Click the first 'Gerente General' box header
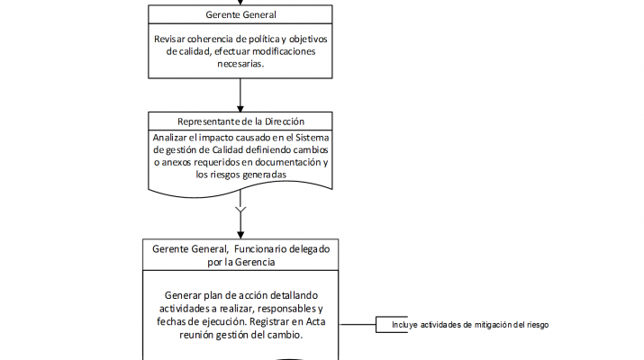point(240,14)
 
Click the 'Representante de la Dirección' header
point(240,121)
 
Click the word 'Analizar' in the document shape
point(173,138)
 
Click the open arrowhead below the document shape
point(240,213)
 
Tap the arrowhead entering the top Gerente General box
point(240,3)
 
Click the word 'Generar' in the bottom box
point(186,296)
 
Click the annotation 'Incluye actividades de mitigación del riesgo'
point(470,325)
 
